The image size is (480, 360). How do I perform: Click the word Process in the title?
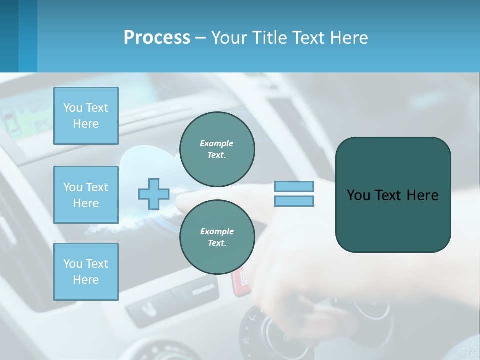pos(157,38)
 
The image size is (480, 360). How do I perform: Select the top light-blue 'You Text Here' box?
pos(86,116)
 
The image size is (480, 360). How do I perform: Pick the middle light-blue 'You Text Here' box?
pos(86,195)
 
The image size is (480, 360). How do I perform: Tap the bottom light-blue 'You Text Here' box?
pos(86,271)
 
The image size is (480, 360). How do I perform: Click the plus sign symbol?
pos(153,194)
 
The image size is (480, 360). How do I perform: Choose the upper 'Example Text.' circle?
pos(217,149)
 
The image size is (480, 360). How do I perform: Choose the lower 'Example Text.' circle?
pos(217,237)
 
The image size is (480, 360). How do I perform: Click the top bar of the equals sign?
pos(294,187)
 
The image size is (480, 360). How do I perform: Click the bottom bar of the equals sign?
pos(294,201)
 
